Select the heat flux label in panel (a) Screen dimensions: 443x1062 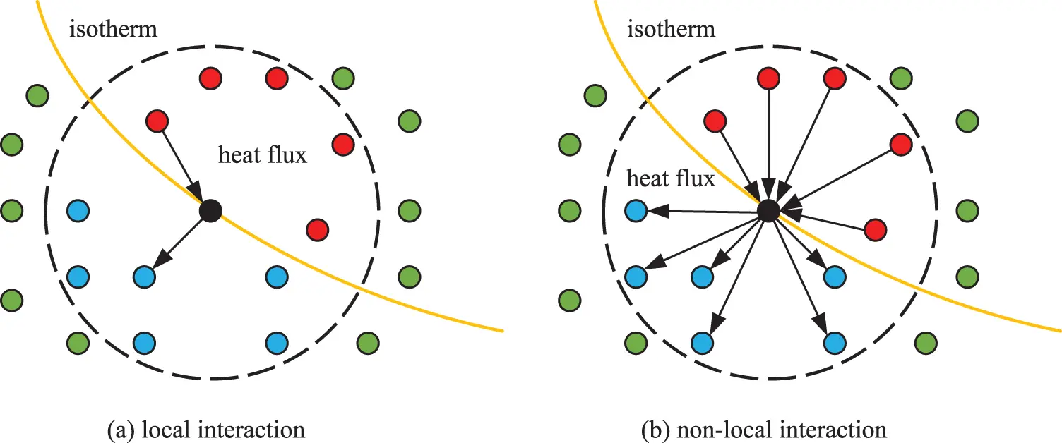tap(263, 155)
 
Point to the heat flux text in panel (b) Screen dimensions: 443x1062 tap(672, 179)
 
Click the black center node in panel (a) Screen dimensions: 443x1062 tap(210, 210)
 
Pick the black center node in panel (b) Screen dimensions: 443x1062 tap(768, 210)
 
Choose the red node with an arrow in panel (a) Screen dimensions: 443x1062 tap(156, 121)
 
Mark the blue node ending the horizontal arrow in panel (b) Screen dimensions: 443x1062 tap(636, 210)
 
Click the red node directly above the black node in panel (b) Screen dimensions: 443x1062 tap(768, 78)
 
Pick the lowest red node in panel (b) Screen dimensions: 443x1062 tap(876, 229)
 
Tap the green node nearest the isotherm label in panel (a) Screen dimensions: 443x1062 tap(37, 95)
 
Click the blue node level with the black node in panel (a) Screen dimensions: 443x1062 tap(78, 210)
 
